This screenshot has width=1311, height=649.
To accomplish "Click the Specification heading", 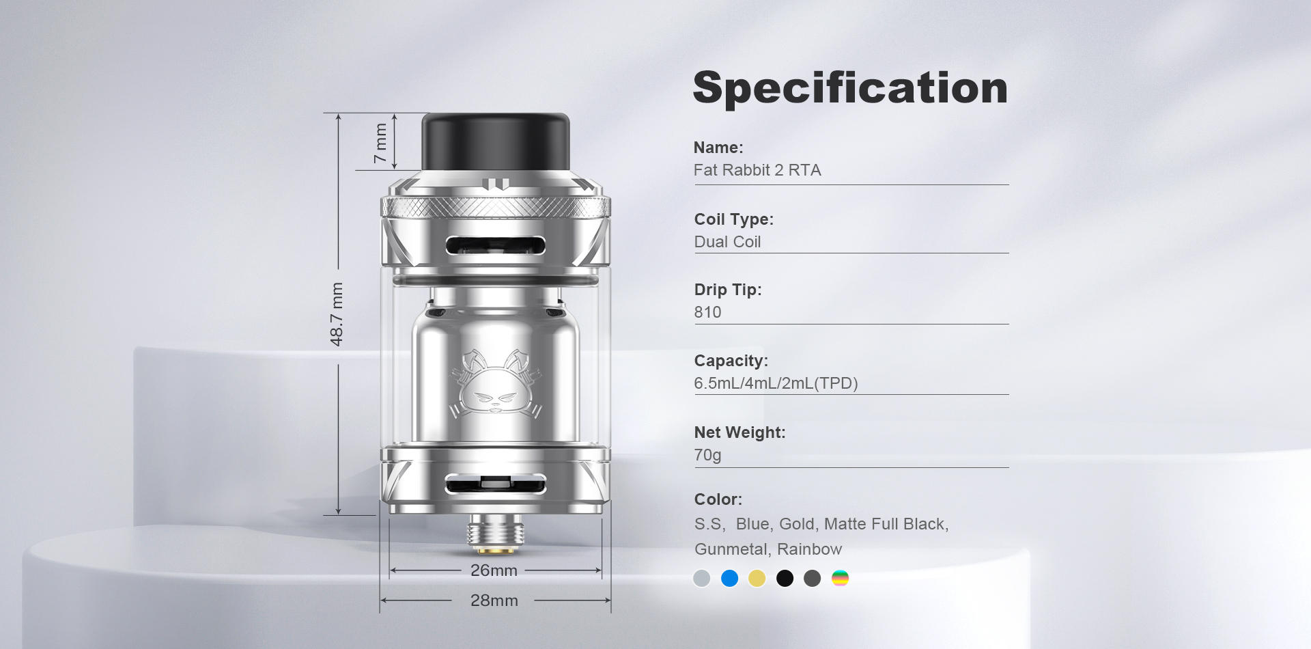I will tap(850, 88).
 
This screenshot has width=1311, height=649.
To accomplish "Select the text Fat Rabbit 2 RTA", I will tap(757, 170).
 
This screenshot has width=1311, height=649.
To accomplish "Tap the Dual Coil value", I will tap(727, 242).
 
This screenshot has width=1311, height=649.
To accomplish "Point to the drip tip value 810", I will tap(707, 312).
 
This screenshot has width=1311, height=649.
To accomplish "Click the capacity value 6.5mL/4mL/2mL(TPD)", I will tap(776, 383).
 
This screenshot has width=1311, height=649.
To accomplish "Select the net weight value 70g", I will tap(707, 455).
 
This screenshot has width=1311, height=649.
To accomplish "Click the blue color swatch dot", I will tap(729, 579).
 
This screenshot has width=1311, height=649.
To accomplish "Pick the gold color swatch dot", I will tap(757, 579).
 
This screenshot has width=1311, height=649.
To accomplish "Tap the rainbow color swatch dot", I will tap(840, 579).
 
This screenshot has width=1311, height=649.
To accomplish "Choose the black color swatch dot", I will tap(785, 579).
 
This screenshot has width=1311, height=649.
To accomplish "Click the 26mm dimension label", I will tap(494, 570).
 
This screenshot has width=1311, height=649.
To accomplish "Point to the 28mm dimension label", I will tap(494, 600).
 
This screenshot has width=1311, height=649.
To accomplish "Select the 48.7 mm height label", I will tap(337, 314).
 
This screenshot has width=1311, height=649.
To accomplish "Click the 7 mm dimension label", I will tap(380, 143).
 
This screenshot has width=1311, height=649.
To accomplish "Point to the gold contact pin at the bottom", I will tap(496, 550).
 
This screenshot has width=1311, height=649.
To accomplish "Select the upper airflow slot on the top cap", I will tap(496, 245).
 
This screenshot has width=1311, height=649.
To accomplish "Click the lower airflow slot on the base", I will tap(496, 485).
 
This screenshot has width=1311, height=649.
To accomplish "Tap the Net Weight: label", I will tap(739, 432).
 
